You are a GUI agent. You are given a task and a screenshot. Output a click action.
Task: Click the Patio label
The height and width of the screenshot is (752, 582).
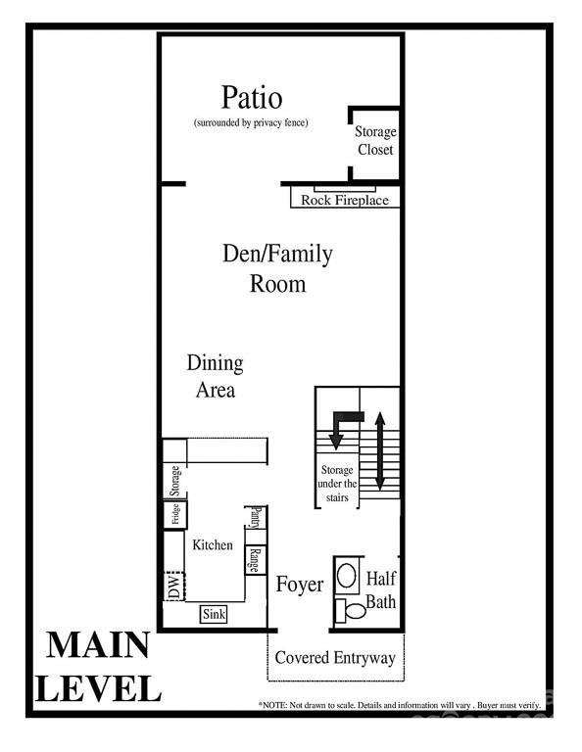[252, 98]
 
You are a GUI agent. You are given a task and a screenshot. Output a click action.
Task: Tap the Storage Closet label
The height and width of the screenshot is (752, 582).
[374, 141]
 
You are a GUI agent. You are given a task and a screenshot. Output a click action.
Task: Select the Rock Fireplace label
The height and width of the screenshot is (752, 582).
[344, 201]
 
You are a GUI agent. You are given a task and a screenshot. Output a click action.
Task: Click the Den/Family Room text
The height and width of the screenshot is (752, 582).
[277, 269]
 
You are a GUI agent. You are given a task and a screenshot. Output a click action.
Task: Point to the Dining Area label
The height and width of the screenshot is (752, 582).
[215, 376]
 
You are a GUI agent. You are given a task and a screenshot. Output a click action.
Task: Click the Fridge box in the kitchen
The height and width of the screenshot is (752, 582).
[175, 515]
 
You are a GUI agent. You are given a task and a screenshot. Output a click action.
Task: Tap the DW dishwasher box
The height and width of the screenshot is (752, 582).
[174, 587]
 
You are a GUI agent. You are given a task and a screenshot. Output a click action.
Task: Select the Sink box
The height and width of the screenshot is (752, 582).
[214, 615]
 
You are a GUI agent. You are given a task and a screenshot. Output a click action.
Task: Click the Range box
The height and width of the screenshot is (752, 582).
[254, 559]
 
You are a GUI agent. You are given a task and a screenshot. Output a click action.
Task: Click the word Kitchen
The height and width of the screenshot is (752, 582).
[213, 544]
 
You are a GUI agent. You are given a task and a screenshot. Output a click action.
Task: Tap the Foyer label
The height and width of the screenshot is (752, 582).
[299, 585]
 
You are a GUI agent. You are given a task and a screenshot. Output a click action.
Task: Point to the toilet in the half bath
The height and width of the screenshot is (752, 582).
[350, 611]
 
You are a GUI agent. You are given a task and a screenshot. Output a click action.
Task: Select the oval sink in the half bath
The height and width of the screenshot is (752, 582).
[347, 575]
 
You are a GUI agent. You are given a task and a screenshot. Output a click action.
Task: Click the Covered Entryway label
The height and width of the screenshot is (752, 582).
[335, 657]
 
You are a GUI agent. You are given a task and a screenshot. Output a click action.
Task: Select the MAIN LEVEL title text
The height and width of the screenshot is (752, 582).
[98, 667]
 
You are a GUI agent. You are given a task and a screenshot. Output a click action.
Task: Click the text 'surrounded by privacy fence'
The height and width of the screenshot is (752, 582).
[251, 123]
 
